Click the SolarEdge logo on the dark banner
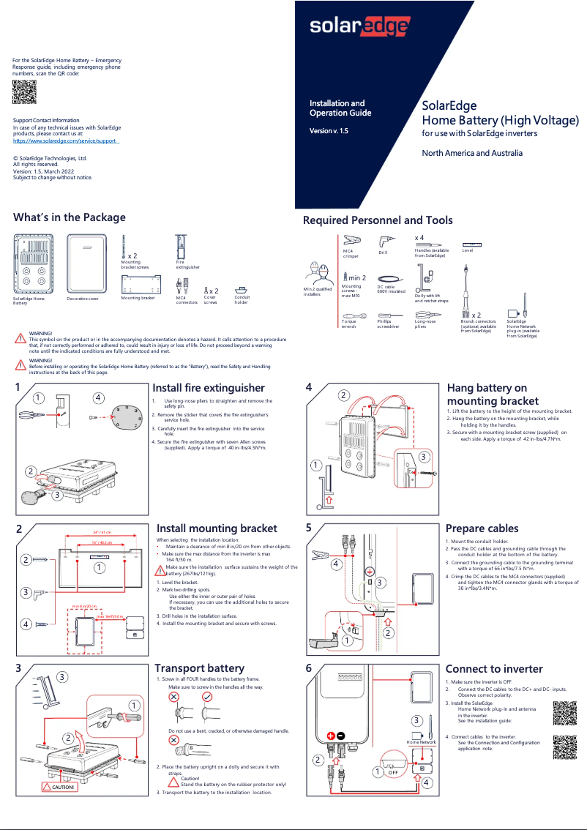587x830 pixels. point(359,27)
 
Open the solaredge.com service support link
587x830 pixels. point(66,141)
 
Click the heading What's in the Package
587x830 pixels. point(70,217)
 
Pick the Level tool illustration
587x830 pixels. point(472,244)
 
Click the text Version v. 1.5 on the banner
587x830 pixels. point(329,130)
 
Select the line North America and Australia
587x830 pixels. point(472,153)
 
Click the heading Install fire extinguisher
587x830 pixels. point(208,388)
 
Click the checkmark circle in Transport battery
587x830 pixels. point(207,698)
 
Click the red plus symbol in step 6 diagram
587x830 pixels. point(331,736)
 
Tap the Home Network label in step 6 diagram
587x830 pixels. point(422,742)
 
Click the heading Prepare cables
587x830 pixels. point(482,528)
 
